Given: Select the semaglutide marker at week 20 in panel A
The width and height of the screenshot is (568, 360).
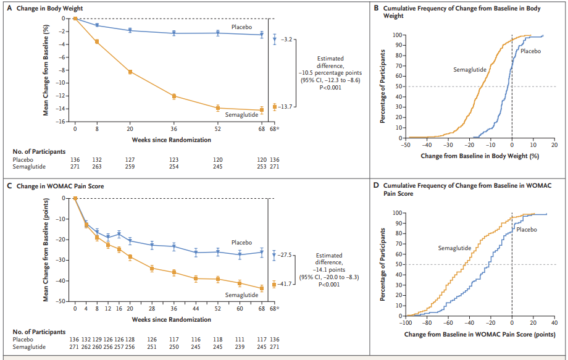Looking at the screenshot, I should coord(130,72).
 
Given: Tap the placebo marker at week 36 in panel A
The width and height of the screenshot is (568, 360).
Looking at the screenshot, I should coord(174,33).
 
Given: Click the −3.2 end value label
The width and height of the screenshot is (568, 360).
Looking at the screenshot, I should coord(288,40).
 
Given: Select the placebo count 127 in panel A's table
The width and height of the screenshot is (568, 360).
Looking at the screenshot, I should coord(130,159).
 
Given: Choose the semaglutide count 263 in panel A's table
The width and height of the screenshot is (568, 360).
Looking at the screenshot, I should coord(97,166).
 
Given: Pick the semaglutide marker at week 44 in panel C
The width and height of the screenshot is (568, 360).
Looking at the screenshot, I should coord(196,278).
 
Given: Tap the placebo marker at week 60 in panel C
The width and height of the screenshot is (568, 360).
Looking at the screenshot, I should coord(240,254).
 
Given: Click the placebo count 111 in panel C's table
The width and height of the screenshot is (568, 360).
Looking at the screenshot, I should coord(240,338).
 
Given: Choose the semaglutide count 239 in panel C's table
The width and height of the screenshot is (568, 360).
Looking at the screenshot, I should coord(240,346).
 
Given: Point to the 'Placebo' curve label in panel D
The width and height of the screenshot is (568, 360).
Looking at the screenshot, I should coord(526,230).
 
